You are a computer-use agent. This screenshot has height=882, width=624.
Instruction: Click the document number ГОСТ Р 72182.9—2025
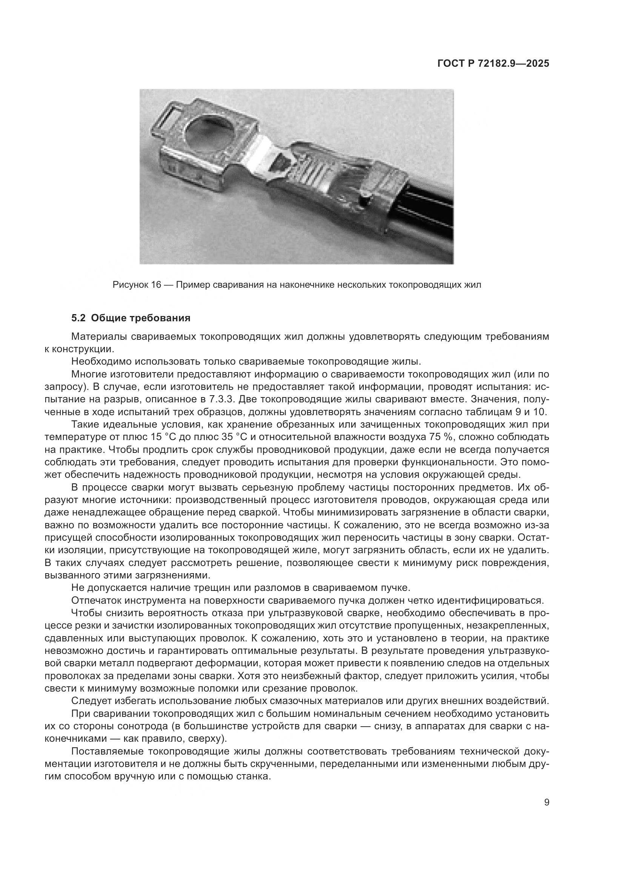tap(493, 64)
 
